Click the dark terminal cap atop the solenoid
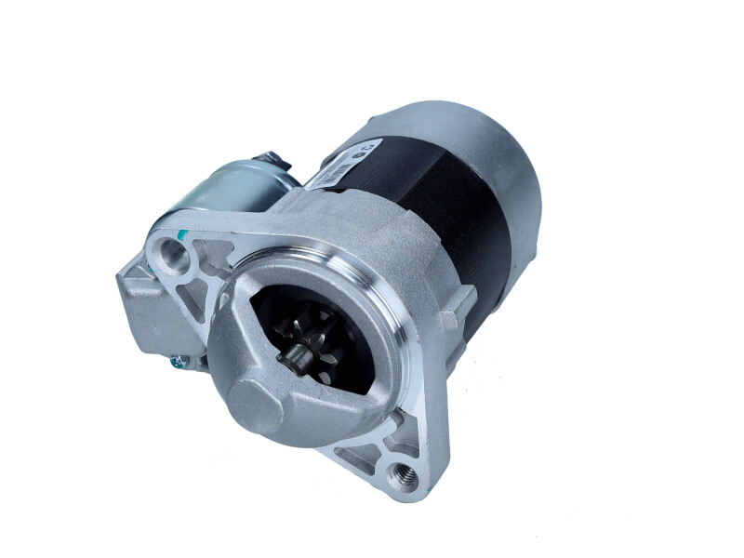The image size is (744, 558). click(x=274, y=162)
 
